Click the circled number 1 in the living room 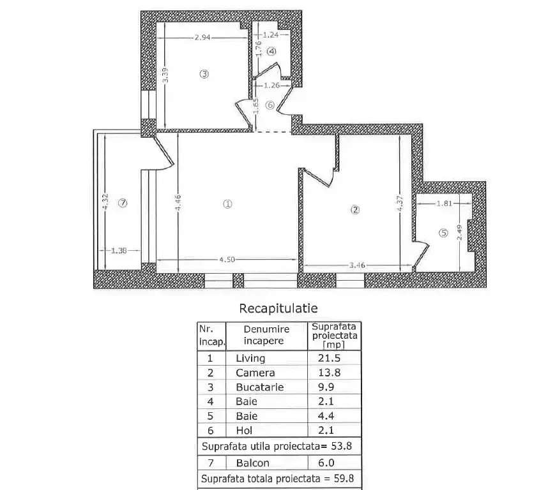[x=227, y=204]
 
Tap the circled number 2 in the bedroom [x=355, y=209]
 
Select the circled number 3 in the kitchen [x=204, y=74]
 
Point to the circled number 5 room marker [x=443, y=234]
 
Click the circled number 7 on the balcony [x=123, y=203]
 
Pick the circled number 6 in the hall [x=270, y=105]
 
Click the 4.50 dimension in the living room [x=227, y=259]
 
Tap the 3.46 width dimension [x=357, y=265]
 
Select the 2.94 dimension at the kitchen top [x=202, y=37]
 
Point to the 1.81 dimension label [x=445, y=204]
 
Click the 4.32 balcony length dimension [x=105, y=201]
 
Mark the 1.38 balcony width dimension [x=119, y=251]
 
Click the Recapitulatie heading [x=278, y=308]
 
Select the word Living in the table [x=250, y=359]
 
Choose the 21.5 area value [x=329, y=358]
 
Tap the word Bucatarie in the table [x=260, y=387]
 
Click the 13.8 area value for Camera [x=329, y=373]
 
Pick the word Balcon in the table [x=253, y=463]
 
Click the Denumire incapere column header [x=266, y=335]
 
